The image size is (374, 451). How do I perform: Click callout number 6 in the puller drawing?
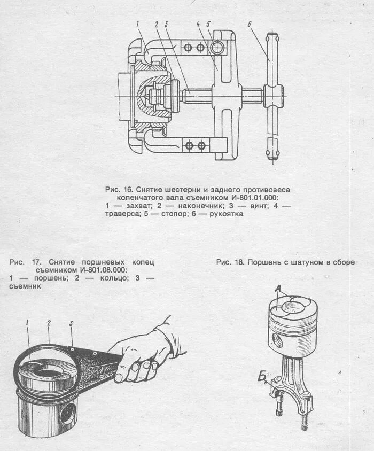coord(250,24)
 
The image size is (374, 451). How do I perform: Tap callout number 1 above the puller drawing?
coord(137,24)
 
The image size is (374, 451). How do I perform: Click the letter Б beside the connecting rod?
coord(262,378)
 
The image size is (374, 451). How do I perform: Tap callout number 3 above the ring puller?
coord(71,324)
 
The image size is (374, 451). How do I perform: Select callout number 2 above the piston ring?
coord(49,323)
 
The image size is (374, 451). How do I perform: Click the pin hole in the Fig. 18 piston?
coord(276,340)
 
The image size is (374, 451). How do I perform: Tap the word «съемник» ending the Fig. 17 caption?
coord(25,286)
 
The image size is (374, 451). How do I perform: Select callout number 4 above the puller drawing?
coord(197,24)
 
